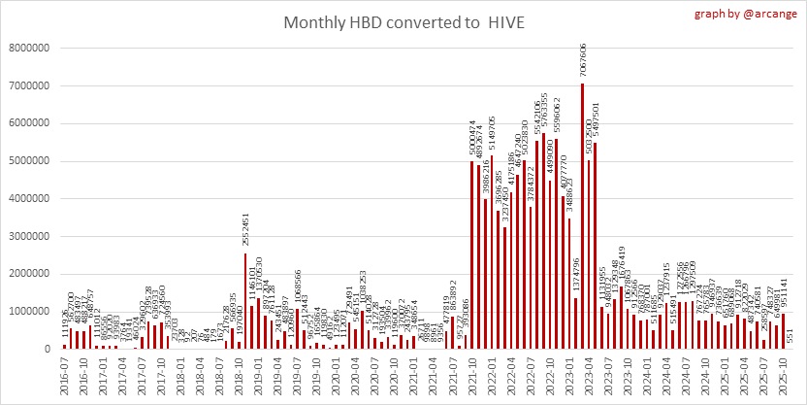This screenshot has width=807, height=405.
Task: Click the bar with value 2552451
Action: pyautogui.click(x=245, y=301)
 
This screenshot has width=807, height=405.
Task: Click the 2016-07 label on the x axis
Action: pyautogui.click(x=64, y=375)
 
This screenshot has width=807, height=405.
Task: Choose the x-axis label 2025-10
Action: pyautogui.click(x=778, y=375)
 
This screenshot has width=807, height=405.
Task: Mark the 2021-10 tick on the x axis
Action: pyautogui.click(x=472, y=375)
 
